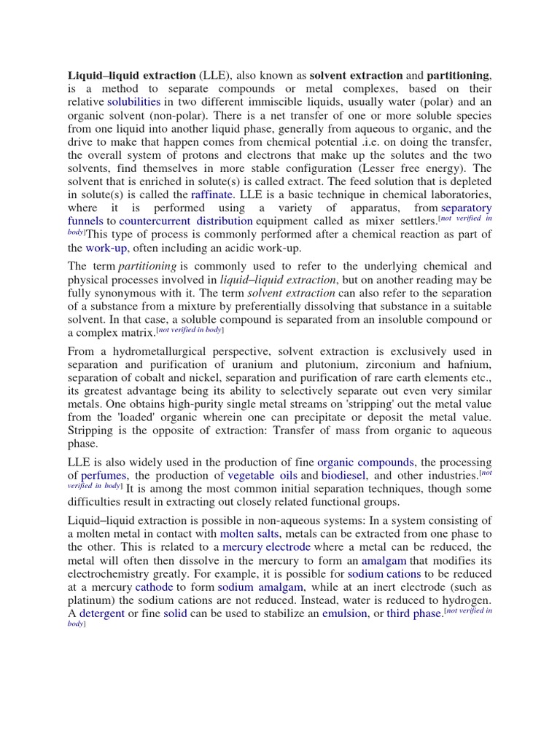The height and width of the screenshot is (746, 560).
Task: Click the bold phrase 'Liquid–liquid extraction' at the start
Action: tap(131, 75)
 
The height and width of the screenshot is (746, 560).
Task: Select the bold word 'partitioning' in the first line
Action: tap(459, 75)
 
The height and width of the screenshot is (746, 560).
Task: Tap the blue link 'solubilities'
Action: tap(133, 101)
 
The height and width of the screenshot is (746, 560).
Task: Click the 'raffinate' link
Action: tap(212, 195)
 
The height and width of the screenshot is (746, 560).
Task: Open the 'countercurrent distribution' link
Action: tap(186, 221)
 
